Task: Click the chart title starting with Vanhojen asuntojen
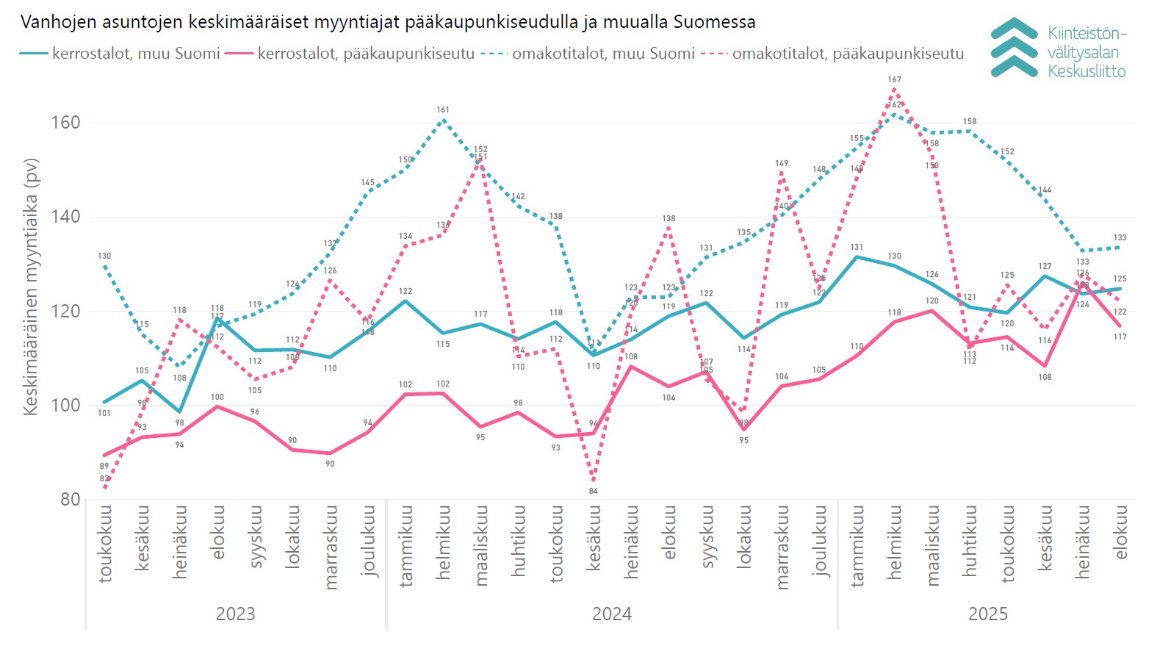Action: point(388,22)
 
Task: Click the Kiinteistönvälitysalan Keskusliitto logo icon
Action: point(1014,48)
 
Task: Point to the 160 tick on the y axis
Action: point(65,123)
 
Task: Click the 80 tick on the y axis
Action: point(70,500)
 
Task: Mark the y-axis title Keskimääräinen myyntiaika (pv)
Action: point(31,287)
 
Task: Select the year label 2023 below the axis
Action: point(235,614)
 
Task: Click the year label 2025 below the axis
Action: point(988,614)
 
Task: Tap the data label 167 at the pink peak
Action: point(894,79)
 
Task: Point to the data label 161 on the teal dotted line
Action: point(442,110)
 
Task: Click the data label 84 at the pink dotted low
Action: point(594,491)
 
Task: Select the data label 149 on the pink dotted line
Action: point(782,164)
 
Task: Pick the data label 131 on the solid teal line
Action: point(857,248)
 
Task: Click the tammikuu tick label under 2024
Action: point(406,545)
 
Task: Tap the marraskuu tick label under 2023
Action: point(331,547)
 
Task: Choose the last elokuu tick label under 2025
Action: point(1120,532)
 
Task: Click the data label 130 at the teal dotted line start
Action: point(104,256)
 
